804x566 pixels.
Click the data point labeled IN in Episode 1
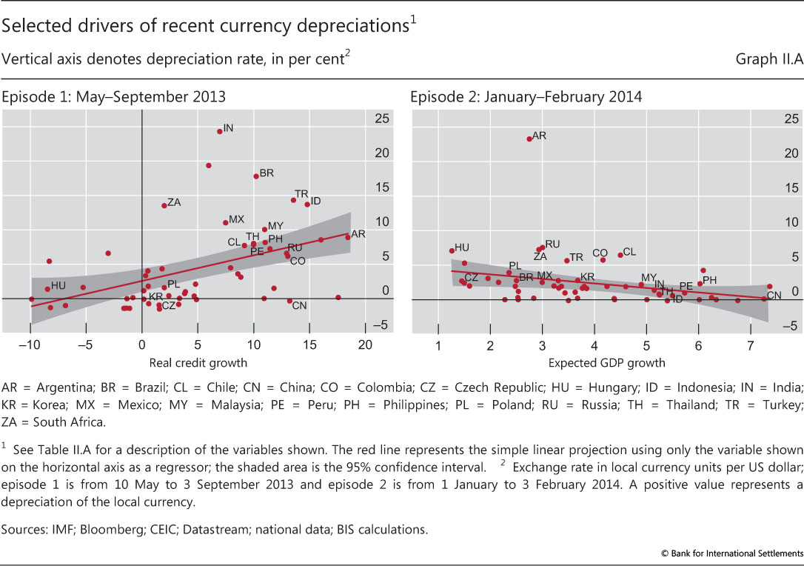pos(219,131)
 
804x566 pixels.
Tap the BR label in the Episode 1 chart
pos(267,173)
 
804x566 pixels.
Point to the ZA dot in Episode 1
pos(164,205)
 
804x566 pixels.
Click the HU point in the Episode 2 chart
pos(452,250)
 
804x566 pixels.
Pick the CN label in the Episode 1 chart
pos(299,305)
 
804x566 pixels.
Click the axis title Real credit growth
pos(198,363)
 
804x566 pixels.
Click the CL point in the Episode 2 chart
pos(620,255)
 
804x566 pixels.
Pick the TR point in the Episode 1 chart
pos(293,200)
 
